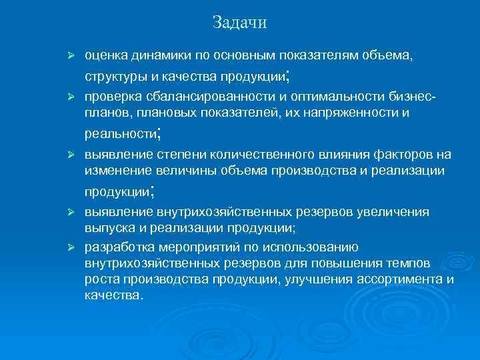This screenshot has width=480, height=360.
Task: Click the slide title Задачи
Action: tap(239, 23)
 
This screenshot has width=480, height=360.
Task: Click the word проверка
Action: tap(111, 97)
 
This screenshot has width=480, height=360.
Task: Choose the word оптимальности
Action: tap(326, 97)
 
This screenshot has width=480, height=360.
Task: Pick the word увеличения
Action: tap(397, 213)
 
